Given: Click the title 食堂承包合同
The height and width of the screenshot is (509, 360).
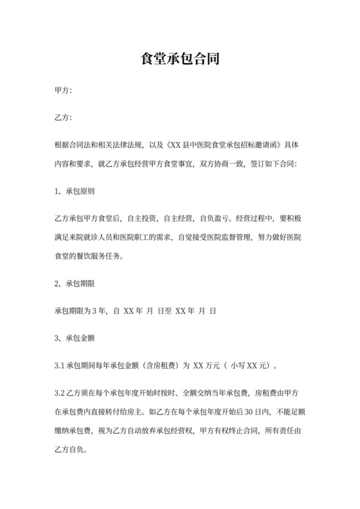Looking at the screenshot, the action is (x=180, y=60).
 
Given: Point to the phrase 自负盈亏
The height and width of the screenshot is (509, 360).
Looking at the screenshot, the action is (x=221, y=218).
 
